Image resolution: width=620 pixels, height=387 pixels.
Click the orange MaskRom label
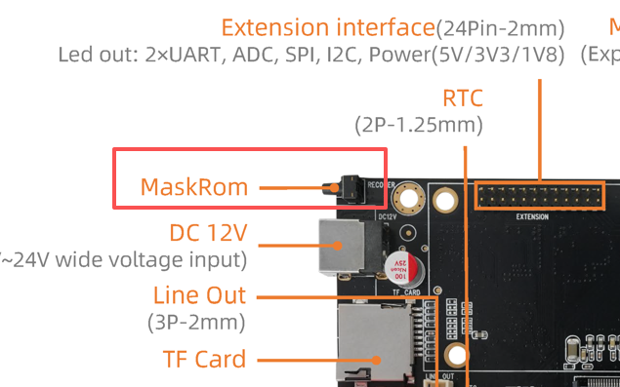[193, 186]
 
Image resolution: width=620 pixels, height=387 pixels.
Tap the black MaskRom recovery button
[345, 186]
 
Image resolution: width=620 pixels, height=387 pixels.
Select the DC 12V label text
[208, 233]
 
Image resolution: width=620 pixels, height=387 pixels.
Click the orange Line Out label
[199, 295]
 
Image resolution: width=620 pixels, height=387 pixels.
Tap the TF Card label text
[204, 360]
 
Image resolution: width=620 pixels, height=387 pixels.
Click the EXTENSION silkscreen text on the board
[532, 216]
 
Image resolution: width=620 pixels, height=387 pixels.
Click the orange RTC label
[463, 98]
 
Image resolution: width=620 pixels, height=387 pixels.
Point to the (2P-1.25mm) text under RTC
[418, 125]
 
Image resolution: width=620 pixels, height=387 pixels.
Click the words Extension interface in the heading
[327, 27]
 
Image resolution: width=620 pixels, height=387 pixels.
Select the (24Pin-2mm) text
[501, 28]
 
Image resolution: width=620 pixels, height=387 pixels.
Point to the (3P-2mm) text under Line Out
[197, 322]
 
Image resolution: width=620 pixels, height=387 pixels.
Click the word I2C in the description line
[338, 55]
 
